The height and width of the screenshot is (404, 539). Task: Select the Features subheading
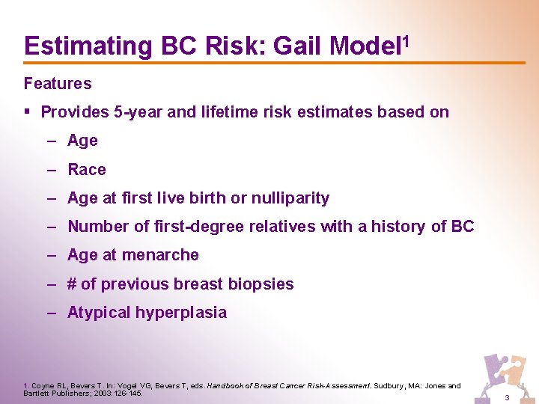coord(58,83)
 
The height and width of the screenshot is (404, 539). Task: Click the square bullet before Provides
coord(28,112)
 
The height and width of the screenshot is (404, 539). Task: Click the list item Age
coord(82,141)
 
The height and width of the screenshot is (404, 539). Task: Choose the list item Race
coord(87,169)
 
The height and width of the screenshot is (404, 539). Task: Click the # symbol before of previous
coord(73,284)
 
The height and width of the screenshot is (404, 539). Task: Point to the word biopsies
coord(262,284)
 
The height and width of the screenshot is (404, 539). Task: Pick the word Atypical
coord(98,313)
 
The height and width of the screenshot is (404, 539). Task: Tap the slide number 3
coord(507,397)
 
